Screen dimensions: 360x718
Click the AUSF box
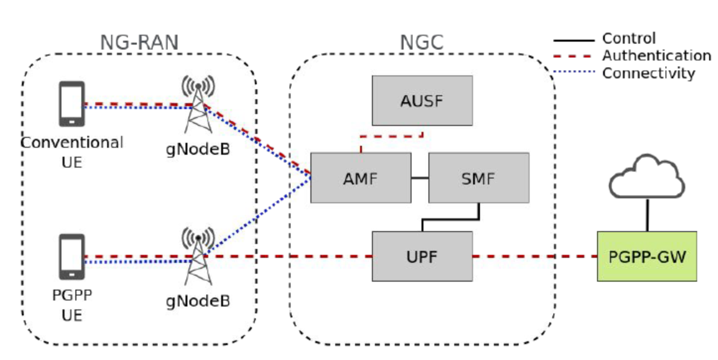tap(422, 101)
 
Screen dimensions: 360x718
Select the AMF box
tap(360, 178)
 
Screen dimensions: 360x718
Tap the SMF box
tap(479, 178)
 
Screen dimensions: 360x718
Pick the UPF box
tap(422, 256)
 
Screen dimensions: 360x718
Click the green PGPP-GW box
tap(647, 256)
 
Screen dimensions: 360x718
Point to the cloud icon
tap(647, 177)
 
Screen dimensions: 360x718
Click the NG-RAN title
tap(139, 43)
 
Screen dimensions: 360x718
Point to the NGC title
tap(421, 43)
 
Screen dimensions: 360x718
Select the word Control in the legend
tap(629, 38)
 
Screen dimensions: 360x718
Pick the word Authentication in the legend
tap(657, 56)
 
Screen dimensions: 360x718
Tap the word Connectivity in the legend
tap(649, 73)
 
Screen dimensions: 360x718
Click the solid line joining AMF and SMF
tap(419, 178)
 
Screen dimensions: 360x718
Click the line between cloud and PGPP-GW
tap(647, 216)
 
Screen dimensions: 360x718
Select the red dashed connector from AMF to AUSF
tap(392, 136)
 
